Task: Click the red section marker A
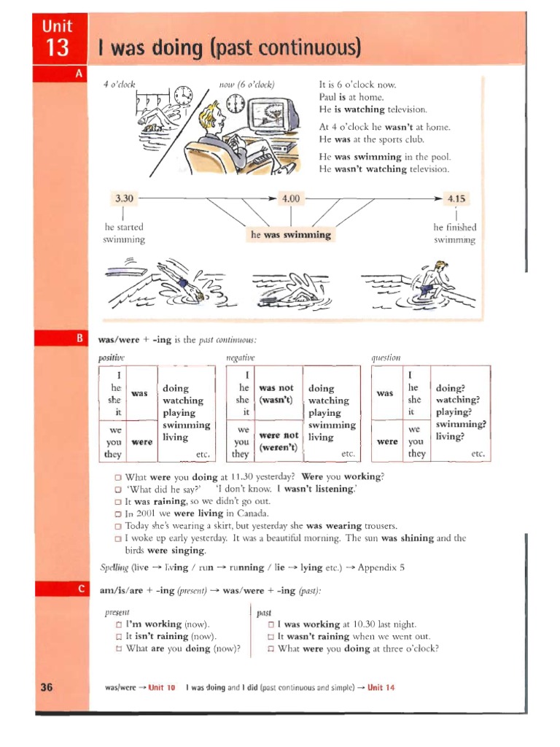78,74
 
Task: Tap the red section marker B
78,338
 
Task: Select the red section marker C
78,589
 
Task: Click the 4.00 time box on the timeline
290,198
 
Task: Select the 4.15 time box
456,198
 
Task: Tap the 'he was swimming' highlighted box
290,235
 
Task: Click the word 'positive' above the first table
112,357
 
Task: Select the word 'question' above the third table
386,357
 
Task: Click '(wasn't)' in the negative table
276,400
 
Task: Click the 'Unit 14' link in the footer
381,687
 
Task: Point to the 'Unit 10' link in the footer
161,687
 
